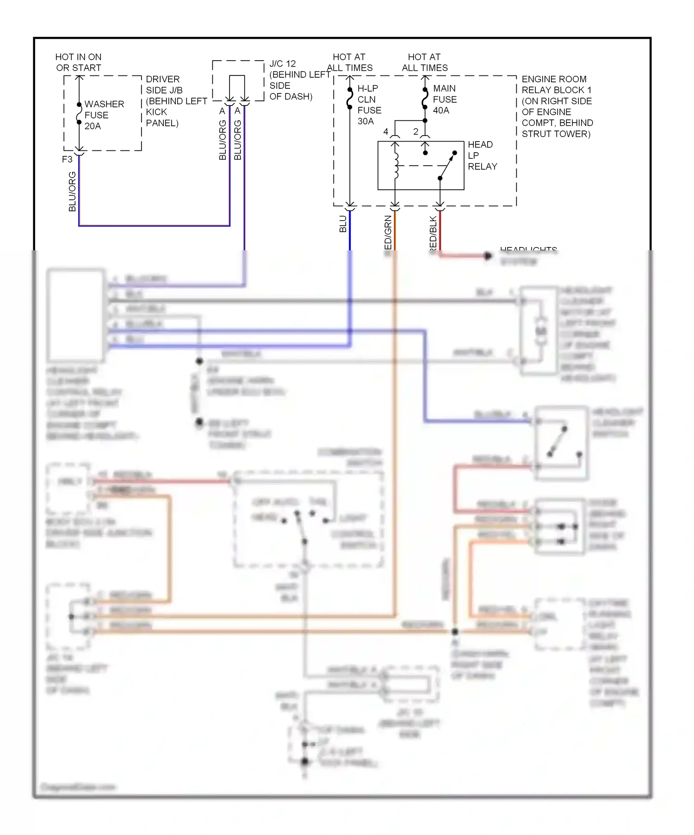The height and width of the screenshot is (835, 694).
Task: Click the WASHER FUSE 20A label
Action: (x=104, y=115)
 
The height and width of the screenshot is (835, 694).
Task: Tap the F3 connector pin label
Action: (x=68, y=159)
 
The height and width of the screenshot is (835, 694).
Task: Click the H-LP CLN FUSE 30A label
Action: (x=369, y=105)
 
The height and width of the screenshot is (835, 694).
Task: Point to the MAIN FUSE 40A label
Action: (x=444, y=99)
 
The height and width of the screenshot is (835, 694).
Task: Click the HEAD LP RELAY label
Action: (x=482, y=155)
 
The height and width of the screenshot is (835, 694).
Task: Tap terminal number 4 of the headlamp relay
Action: (x=386, y=132)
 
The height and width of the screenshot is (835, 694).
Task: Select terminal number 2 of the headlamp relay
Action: (x=415, y=132)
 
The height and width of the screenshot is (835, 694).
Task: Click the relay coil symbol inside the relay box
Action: (x=396, y=165)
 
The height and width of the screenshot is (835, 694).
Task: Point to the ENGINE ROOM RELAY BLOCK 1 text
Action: (x=557, y=106)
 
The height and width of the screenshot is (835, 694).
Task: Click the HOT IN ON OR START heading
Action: (x=78, y=62)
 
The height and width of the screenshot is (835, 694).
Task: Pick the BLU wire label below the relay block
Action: (x=343, y=224)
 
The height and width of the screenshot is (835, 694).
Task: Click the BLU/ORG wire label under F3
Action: (x=72, y=192)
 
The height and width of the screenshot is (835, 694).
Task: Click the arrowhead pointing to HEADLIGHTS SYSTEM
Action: (x=488, y=256)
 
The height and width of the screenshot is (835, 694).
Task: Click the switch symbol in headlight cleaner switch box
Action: (x=558, y=442)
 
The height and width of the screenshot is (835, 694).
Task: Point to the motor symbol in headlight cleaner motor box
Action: (x=540, y=331)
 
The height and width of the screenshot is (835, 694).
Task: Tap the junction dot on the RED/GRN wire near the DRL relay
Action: (x=455, y=631)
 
